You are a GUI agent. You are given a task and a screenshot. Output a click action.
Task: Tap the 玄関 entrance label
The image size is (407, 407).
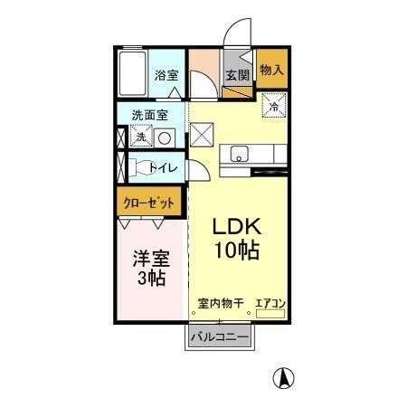[x=237, y=76]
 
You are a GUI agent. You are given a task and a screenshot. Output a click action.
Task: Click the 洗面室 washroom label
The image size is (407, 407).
[x=149, y=116]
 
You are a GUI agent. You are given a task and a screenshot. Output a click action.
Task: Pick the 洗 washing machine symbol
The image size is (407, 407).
[x=140, y=137]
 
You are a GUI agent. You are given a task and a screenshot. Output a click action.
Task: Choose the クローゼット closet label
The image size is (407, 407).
[x=149, y=203]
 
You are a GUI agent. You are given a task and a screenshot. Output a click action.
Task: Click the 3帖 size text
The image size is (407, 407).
[x=149, y=279]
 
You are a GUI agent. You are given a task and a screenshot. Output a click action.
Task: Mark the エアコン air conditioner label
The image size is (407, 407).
[x=271, y=304]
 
